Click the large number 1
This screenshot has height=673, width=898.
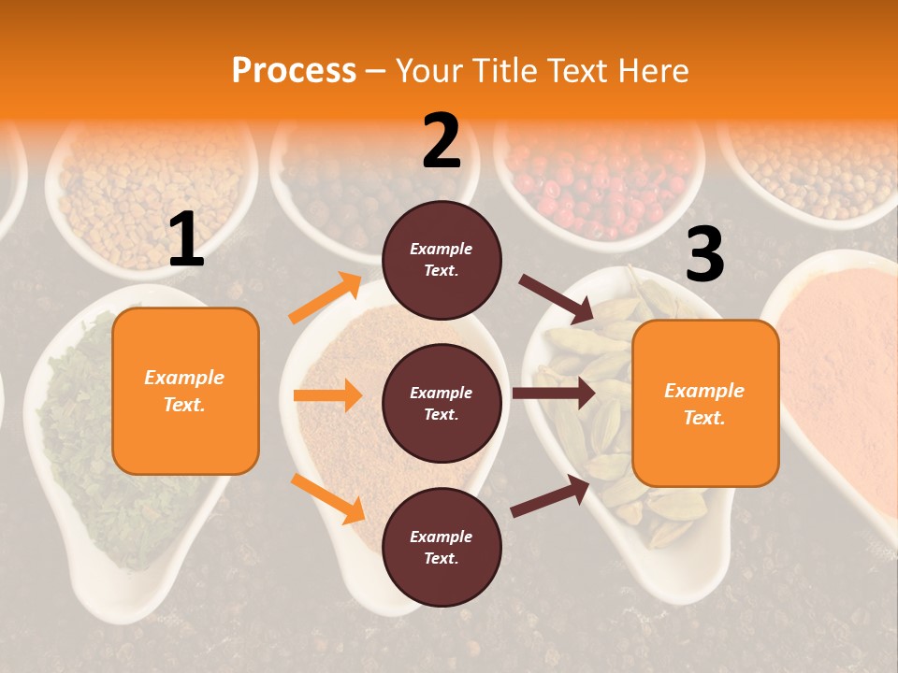point(187,240)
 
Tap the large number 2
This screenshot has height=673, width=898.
point(442,141)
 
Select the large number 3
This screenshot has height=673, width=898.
point(704,254)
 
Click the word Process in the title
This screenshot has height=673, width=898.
point(294,70)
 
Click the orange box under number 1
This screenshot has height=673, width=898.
point(185,391)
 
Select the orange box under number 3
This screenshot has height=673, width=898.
point(705,403)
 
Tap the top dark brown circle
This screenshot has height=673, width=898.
point(442,259)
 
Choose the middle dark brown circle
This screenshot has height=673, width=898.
point(442,403)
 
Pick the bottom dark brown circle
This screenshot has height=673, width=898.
point(442,547)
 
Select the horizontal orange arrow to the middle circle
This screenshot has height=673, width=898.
point(327,395)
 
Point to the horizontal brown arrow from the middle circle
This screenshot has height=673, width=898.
point(553,394)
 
